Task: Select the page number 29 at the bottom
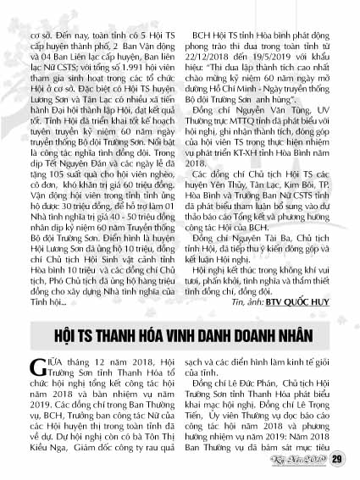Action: pyautogui.click(x=336, y=460)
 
